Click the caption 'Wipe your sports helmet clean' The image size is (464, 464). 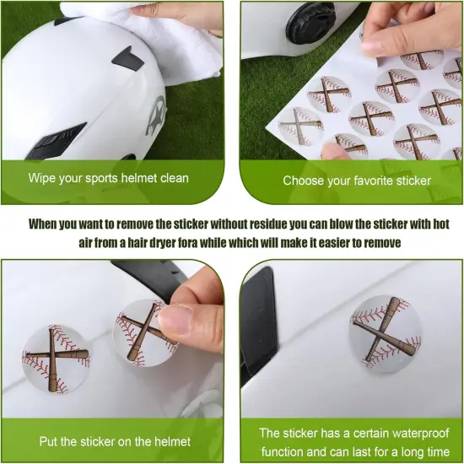(108, 178)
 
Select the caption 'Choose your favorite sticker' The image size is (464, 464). (356, 180)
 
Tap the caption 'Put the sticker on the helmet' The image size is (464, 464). (115, 441)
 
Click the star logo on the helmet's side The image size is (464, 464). (157, 111)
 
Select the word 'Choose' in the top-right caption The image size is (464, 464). (304, 180)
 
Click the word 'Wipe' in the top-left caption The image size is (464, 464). (42, 178)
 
